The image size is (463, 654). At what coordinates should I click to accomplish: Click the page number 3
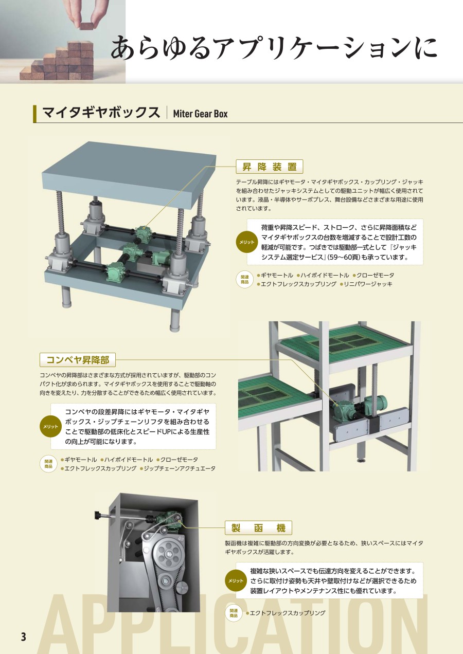tap(23, 637)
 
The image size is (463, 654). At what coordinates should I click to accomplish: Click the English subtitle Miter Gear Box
tap(200, 114)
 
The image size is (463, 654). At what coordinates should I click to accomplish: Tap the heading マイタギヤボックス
tap(101, 113)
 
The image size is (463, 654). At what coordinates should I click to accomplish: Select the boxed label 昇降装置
tap(269, 167)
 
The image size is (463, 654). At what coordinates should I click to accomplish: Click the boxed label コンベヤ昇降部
tap(78, 359)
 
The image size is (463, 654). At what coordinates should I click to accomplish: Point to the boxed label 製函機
tap(258, 528)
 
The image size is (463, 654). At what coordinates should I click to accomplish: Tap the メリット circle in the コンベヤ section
tap(50, 427)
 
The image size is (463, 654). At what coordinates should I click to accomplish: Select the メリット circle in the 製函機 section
tap(236, 580)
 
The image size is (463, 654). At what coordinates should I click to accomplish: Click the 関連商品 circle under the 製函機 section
tap(234, 613)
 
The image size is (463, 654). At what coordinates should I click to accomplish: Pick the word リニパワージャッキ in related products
tap(368, 284)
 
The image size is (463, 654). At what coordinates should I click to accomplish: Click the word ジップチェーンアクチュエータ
tap(180, 468)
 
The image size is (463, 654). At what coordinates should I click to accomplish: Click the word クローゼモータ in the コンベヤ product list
tap(179, 460)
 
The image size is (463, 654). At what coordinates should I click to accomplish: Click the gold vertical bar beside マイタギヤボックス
tap(35, 114)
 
